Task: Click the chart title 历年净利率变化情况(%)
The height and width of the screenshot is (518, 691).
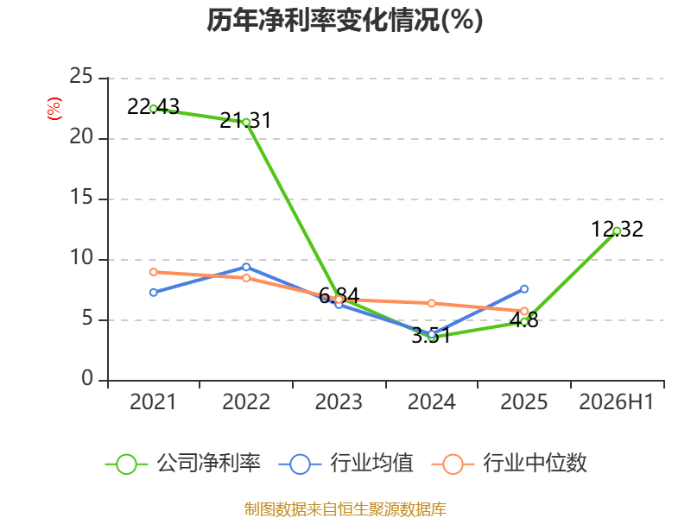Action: click(345, 20)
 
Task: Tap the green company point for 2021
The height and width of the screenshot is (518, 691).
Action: click(154, 109)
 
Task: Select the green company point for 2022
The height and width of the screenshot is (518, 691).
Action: click(246, 123)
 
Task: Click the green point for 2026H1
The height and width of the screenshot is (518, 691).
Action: click(617, 231)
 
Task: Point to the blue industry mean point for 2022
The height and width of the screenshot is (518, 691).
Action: click(246, 268)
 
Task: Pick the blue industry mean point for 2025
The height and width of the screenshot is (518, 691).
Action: click(524, 289)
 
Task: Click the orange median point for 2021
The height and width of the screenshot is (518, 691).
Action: click(154, 272)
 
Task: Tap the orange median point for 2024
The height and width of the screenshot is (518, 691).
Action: click(432, 303)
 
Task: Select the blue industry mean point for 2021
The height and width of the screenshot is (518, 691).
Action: click(154, 293)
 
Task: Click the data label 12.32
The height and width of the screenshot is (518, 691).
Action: click(617, 229)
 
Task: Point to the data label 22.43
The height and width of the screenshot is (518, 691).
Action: click(154, 106)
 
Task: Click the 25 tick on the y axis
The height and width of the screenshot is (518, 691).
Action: click(81, 76)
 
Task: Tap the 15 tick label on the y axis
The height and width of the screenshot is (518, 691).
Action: click(81, 197)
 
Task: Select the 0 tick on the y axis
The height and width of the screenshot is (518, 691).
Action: click(87, 378)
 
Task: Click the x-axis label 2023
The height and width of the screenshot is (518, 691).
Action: click(339, 401)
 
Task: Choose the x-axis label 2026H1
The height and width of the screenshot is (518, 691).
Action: click(617, 401)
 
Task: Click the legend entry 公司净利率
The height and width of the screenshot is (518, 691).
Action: click(183, 464)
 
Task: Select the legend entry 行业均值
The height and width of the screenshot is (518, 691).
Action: click(346, 464)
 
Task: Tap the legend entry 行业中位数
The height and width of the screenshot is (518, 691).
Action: click(510, 464)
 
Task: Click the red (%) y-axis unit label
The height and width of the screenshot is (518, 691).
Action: click(54, 109)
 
